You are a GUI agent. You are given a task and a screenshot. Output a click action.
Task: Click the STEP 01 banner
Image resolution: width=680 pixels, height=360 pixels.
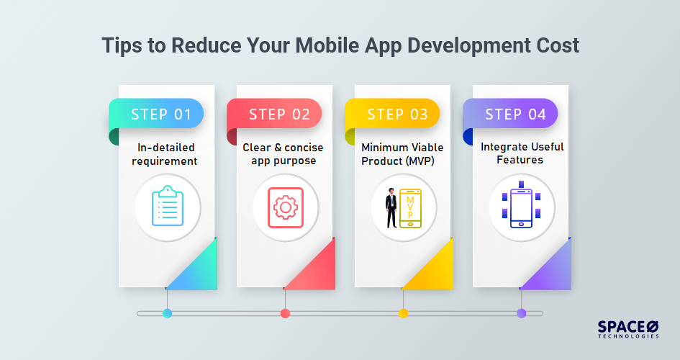click(160, 114)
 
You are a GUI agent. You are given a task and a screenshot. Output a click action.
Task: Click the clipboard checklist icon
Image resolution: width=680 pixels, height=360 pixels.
click(167, 207)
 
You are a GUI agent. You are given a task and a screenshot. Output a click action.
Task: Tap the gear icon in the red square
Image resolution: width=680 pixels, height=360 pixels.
click(286, 207)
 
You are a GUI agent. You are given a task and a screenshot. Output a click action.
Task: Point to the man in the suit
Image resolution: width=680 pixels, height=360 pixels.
click(391, 208)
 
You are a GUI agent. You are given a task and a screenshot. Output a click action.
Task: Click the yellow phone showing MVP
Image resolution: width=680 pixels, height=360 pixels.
click(411, 208)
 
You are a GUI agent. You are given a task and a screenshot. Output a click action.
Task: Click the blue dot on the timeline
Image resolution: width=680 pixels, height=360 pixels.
click(167, 313)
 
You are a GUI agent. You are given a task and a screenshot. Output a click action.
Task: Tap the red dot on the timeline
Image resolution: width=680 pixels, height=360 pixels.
click(285, 313)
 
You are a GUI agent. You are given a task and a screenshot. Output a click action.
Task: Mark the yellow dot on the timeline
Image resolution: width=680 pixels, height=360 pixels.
click(403, 313)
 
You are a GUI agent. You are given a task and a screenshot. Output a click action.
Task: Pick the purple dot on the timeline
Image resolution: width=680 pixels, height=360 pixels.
click(522, 313)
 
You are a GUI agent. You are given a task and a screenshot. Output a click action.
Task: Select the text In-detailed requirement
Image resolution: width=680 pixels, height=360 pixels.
click(167, 154)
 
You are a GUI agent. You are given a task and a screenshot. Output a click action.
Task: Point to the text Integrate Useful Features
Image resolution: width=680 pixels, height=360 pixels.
click(522, 153)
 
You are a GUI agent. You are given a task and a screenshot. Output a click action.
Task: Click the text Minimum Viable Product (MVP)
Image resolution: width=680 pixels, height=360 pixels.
click(403, 153)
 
